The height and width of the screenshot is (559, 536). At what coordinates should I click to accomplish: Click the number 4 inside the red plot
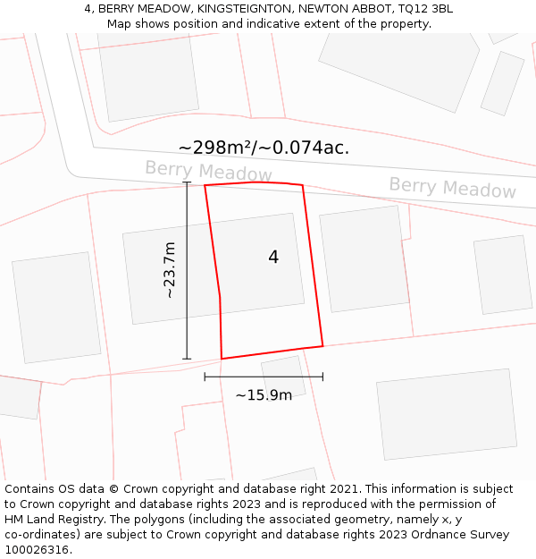click(273, 258)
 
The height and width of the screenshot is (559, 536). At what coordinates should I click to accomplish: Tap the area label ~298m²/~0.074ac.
click(264, 148)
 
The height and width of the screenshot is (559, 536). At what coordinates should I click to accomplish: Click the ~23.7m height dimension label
click(169, 270)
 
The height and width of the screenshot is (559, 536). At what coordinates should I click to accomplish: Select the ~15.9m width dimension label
click(264, 395)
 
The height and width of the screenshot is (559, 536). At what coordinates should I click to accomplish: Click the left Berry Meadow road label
click(208, 171)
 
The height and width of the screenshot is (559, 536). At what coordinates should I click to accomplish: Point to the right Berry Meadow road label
click(452, 188)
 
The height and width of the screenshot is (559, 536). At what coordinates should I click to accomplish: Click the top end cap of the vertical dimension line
click(187, 182)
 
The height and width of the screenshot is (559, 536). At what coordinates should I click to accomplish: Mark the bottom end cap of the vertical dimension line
click(187, 359)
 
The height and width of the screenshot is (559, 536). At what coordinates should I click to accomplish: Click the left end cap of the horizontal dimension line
click(205, 377)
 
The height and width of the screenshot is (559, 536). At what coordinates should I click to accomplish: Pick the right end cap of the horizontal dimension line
click(322, 377)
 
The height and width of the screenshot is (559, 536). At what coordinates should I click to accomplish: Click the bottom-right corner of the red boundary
click(322, 345)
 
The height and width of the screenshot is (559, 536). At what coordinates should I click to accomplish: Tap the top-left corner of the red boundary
click(205, 186)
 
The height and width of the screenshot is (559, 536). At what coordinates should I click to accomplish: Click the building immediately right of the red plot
click(364, 258)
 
